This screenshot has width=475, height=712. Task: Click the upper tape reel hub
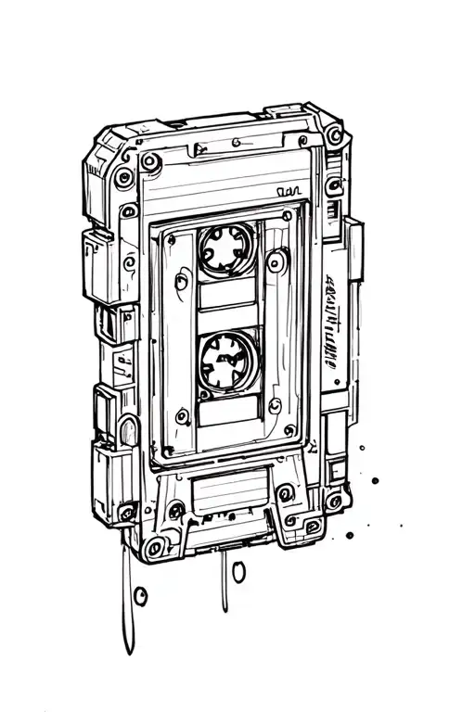coord(225,249)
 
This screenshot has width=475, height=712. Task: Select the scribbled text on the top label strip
coord(290,192)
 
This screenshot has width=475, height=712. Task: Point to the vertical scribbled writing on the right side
coord(330,321)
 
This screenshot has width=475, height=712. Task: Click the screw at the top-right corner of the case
coord(333,136)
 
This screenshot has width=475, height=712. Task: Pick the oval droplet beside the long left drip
coord(141,593)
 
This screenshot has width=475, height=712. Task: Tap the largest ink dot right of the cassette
coord(375,480)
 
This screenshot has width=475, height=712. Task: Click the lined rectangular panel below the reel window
coord(228,486)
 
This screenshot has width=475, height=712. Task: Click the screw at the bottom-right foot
coord(313,527)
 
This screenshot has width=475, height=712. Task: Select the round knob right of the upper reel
coord(276,263)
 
